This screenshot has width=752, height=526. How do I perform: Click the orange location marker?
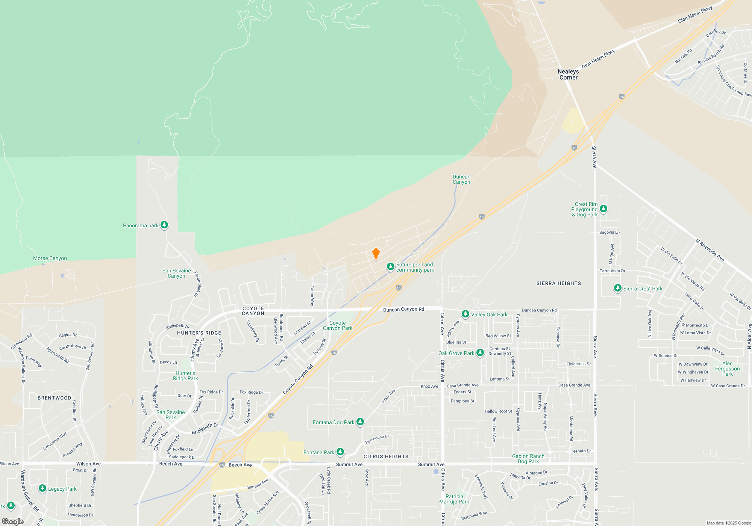pos(376,254)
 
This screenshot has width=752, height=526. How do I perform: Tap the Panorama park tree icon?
pos(164,225)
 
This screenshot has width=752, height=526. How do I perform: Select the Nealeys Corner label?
pos(568,74)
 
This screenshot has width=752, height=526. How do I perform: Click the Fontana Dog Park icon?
pos(360,422)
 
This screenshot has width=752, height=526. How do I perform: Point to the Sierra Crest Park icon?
pos(617,288)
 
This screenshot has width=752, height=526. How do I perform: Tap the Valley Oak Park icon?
pos(465,314)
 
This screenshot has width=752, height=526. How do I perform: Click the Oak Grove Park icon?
pos(480,353)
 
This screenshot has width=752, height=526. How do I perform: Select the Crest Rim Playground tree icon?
pos(603,209)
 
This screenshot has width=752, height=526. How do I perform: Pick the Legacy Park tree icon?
pos(42,488)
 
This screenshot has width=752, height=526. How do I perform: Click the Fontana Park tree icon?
pos(340,452)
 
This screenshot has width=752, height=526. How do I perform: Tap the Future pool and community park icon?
pos(391,267)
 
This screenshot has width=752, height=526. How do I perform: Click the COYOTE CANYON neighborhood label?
pos(253,311)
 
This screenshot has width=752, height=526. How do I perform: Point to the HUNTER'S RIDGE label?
pos(199,333)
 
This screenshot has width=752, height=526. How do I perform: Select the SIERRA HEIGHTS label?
pos(559,283)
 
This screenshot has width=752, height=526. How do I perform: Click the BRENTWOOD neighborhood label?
pos(55,398)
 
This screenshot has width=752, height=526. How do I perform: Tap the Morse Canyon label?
pos(50,258)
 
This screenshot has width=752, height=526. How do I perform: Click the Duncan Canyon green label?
pos(461,180)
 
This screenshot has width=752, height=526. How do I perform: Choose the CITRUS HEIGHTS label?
pos(386,456)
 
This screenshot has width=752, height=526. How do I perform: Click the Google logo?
pos(13,521)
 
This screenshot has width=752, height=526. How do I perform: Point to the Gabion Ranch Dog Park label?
pos(528,459)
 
